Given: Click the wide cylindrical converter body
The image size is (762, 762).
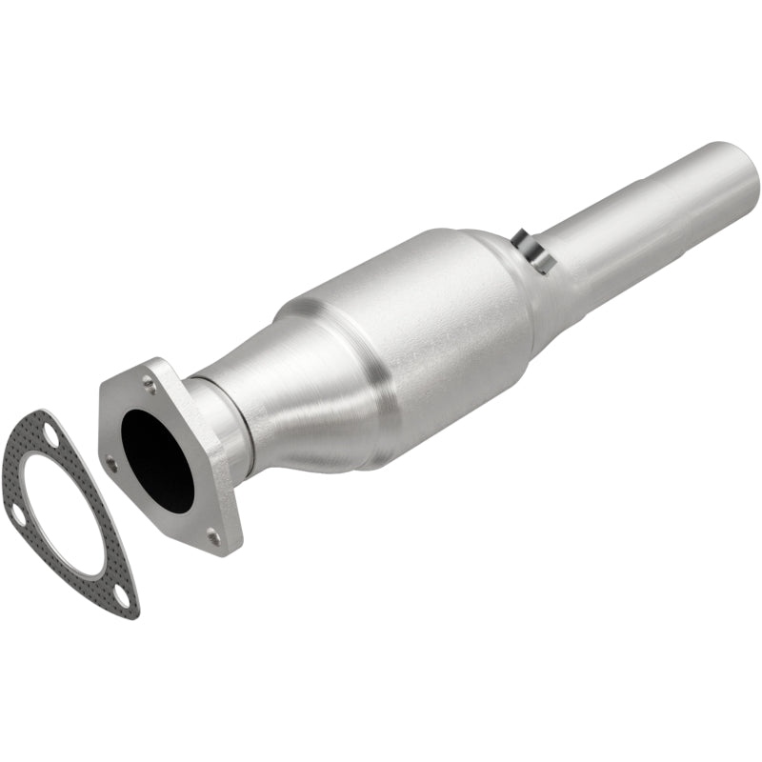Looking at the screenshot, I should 419,333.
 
